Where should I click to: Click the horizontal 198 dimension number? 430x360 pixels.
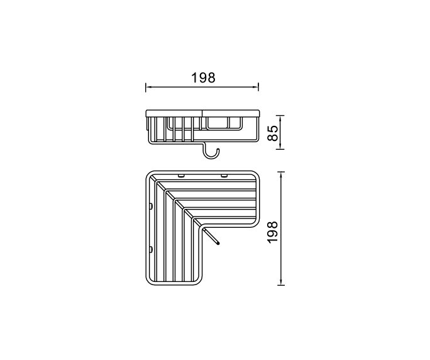tap(202, 77)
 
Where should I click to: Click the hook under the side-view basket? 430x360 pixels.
tap(211, 151)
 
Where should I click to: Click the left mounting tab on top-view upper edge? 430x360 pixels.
tap(180, 174)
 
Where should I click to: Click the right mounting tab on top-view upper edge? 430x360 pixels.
tap(224, 174)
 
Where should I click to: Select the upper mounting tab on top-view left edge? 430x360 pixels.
tap(151, 206)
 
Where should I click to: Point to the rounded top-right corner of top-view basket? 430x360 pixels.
tap(254, 176)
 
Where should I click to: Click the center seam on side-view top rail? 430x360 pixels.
tap(202, 113)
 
